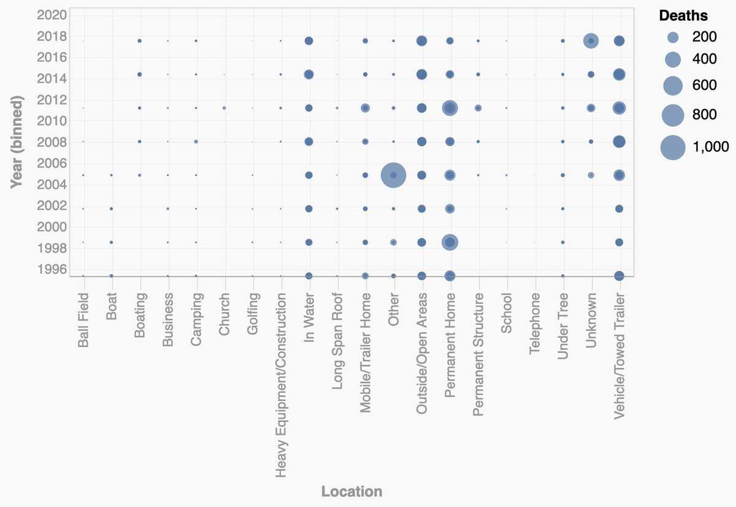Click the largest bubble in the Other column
[x=393, y=175]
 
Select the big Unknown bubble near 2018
[x=591, y=41]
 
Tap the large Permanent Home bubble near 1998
[x=450, y=243]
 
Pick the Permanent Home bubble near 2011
[x=450, y=108]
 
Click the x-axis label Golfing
[x=253, y=314]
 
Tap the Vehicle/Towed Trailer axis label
[x=619, y=356]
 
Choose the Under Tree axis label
[x=563, y=324]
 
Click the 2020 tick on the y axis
[x=52, y=15]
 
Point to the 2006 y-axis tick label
[x=52, y=163]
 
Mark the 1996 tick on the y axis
[x=52, y=269]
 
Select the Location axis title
[x=351, y=492]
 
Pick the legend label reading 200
[x=704, y=37]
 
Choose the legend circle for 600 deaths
[x=673, y=85]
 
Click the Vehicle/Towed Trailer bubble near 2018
[x=619, y=41]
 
